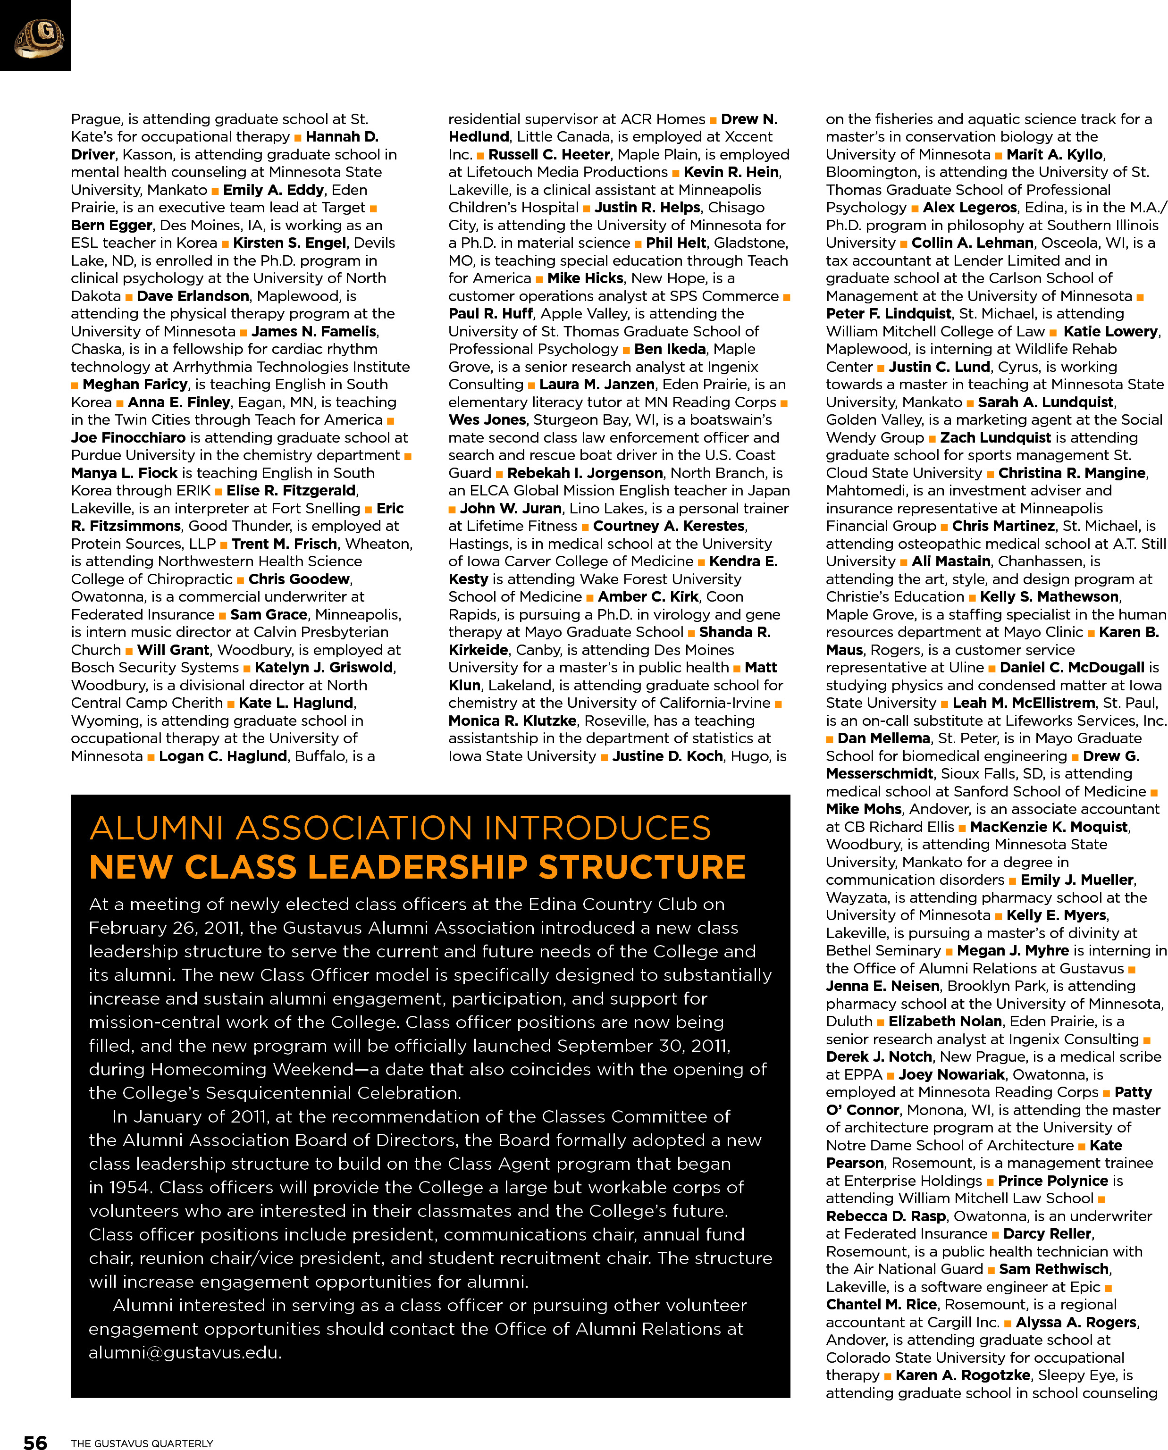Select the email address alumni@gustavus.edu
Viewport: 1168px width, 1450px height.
(x=185, y=1352)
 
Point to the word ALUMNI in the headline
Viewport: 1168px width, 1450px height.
(x=156, y=828)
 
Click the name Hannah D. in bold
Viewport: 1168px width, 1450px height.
(x=342, y=136)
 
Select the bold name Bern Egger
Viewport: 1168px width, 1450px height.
(x=112, y=225)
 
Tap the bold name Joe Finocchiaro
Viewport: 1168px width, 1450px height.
(x=128, y=437)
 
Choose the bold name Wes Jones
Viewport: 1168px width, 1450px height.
(x=487, y=419)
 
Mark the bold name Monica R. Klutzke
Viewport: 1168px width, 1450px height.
(x=512, y=721)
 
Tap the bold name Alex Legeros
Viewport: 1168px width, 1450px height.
(x=969, y=207)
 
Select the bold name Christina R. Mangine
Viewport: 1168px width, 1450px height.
(x=1072, y=473)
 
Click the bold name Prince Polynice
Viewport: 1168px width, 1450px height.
(x=1052, y=1180)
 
